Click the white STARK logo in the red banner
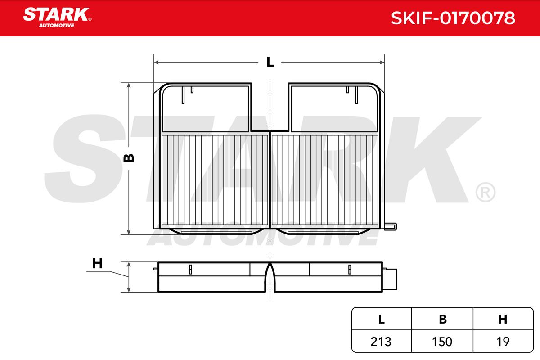point(57,14)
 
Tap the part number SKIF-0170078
point(453,18)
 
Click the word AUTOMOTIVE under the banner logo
point(57,26)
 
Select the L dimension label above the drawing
point(270,62)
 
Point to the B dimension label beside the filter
point(129,158)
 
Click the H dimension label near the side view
point(97,263)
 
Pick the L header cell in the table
point(382,319)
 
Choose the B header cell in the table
point(442,319)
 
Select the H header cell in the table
point(503,319)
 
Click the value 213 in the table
point(381,342)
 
